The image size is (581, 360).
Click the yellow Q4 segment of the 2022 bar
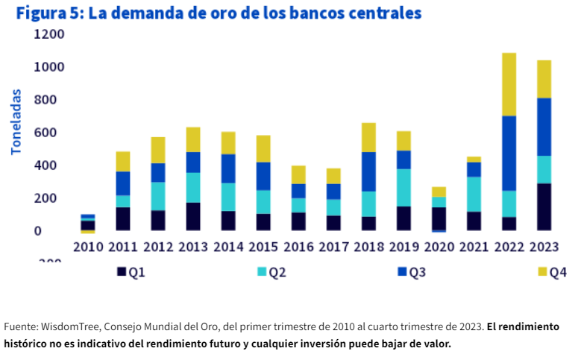tap(509, 84)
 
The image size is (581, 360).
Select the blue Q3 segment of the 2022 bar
tap(509, 153)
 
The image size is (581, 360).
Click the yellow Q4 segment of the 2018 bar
tap(368, 137)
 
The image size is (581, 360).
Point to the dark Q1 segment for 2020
tap(439, 218)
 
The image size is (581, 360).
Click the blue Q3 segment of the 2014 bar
tap(227, 168)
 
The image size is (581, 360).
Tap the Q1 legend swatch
tap(122, 272)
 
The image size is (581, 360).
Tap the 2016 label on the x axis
tap(298, 247)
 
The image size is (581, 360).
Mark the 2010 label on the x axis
tap(87, 247)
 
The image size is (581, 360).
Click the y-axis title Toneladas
tap(16, 124)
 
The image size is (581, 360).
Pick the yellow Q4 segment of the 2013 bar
tap(192, 139)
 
